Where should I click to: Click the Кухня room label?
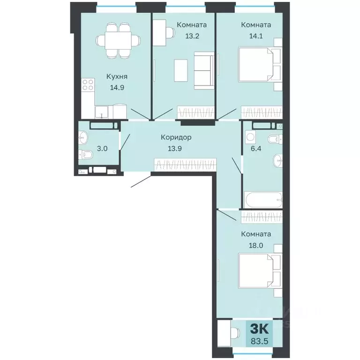[x=117, y=76]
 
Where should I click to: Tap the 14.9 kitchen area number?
[x=117, y=88]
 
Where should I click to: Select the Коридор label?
[x=176, y=137]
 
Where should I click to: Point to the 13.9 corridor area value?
[x=175, y=149]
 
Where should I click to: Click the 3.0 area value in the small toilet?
[x=102, y=149]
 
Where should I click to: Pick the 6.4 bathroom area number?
[x=256, y=149]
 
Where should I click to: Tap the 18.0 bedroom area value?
[x=256, y=246]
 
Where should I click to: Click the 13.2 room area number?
[x=192, y=36]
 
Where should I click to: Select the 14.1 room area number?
[x=256, y=36]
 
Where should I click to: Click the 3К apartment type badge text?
[x=259, y=329]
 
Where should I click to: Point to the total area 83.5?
[x=259, y=341]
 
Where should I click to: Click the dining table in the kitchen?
[x=118, y=40]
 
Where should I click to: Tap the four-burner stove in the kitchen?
[x=88, y=85]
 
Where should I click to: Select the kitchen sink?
[x=101, y=112]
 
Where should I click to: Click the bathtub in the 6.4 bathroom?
[x=263, y=200]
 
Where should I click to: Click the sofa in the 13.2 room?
[x=204, y=70]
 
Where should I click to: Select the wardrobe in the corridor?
[x=185, y=165]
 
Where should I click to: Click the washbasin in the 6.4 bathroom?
[x=278, y=160]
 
